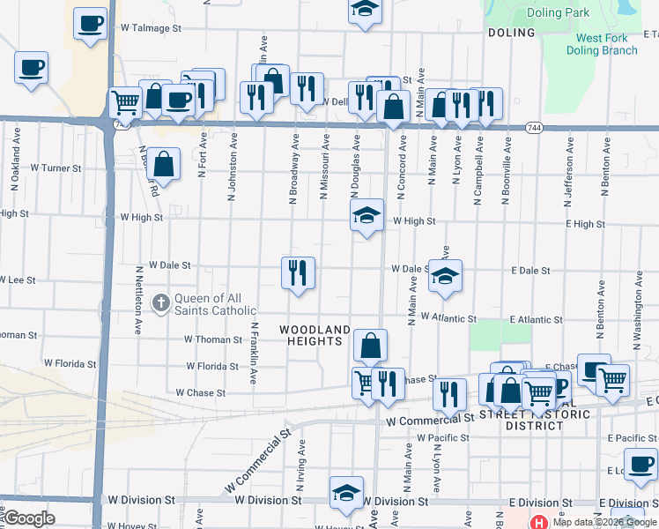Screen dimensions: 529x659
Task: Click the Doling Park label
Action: coord(557,13)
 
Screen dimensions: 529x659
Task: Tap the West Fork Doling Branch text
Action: coord(606,44)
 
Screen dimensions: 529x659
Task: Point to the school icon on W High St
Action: coord(367,214)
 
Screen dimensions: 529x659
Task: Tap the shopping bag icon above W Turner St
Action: coord(164,163)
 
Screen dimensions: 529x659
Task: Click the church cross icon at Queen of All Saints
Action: coord(160,303)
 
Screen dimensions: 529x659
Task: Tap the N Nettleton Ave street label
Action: coord(139,300)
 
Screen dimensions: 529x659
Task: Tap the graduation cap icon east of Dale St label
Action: coord(446,276)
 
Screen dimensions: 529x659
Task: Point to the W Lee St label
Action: coord(18,279)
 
